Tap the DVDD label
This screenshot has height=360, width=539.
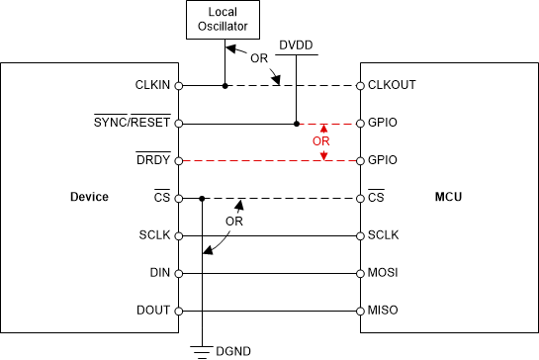point(296,45)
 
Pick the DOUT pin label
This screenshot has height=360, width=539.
point(156,311)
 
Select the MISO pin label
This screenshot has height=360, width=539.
point(383,311)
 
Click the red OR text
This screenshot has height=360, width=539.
point(319,142)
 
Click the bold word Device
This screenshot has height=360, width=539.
point(89,198)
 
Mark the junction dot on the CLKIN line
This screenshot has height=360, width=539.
point(225,86)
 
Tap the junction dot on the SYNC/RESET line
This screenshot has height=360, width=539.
point(296,124)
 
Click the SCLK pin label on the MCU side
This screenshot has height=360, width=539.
point(384,235)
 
